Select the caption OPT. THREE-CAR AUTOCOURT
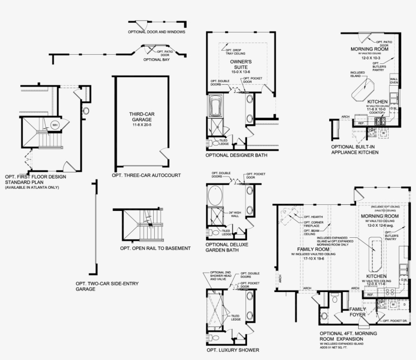click(146, 175)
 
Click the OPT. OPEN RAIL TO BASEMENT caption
click(155, 248)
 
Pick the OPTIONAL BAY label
click(156, 59)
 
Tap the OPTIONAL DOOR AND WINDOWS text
click(156, 31)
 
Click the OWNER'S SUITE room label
click(241, 64)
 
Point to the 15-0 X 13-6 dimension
click(241, 72)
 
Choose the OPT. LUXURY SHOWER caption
click(233, 350)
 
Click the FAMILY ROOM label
click(310, 249)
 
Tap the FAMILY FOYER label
click(357, 312)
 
